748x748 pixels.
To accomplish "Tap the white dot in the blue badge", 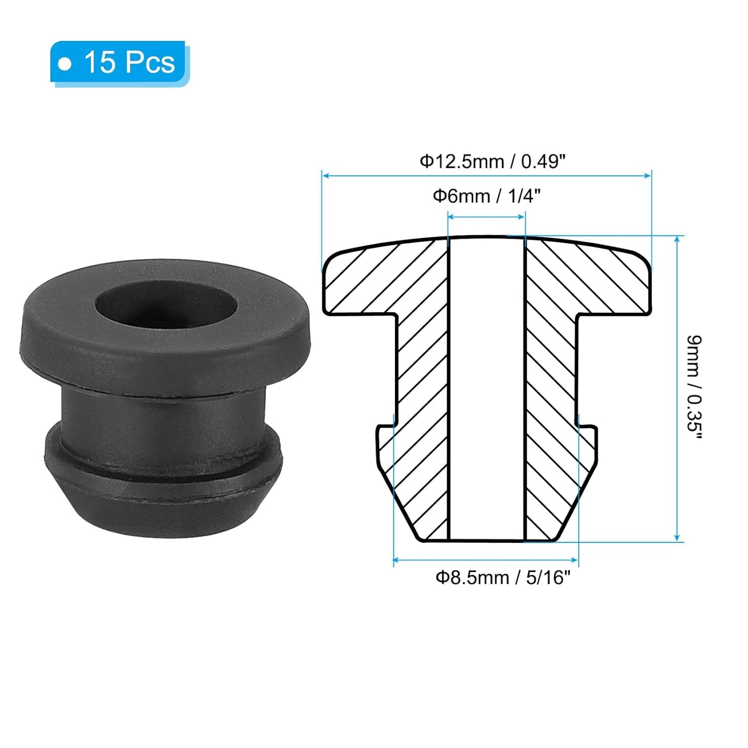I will pos(65,64).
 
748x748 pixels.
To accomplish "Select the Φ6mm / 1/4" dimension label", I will pos(487,196).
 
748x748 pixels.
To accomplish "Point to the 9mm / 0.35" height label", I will pos(694,387).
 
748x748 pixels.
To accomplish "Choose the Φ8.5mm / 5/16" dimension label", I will pos(503,577).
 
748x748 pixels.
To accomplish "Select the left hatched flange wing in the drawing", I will pos(362,285).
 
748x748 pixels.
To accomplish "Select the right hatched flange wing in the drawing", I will pos(611,285).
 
